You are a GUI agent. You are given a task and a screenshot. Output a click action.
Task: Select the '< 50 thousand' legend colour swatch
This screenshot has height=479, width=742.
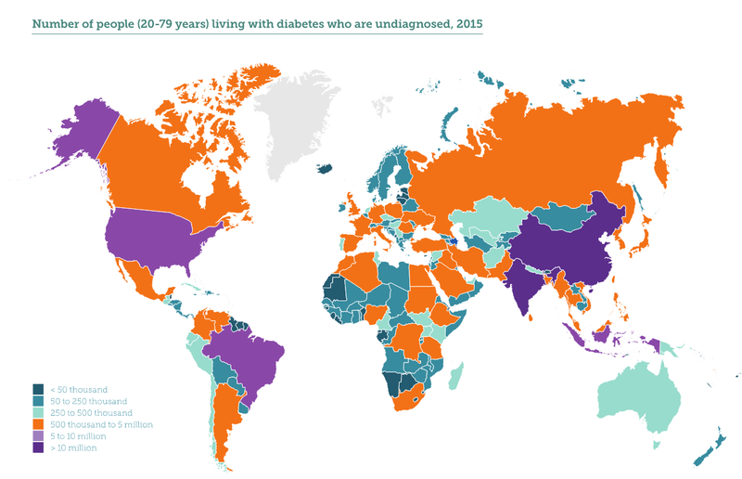[38, 389]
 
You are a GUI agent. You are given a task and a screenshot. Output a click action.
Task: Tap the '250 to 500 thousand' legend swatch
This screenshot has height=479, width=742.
[38, 412]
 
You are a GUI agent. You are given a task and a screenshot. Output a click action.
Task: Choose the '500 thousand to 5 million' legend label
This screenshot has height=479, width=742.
[99, 424]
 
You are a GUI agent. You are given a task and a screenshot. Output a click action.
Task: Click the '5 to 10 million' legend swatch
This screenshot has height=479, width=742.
[38, 436]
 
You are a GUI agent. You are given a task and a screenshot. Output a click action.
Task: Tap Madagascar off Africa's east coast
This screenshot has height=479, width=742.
[455, 375]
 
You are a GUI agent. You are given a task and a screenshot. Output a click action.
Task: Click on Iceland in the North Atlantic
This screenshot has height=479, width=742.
[325, 168]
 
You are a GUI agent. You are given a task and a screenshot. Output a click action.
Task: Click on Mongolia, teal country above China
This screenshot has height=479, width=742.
[565, 215]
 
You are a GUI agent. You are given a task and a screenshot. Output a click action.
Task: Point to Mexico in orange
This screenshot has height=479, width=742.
[140, 279]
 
